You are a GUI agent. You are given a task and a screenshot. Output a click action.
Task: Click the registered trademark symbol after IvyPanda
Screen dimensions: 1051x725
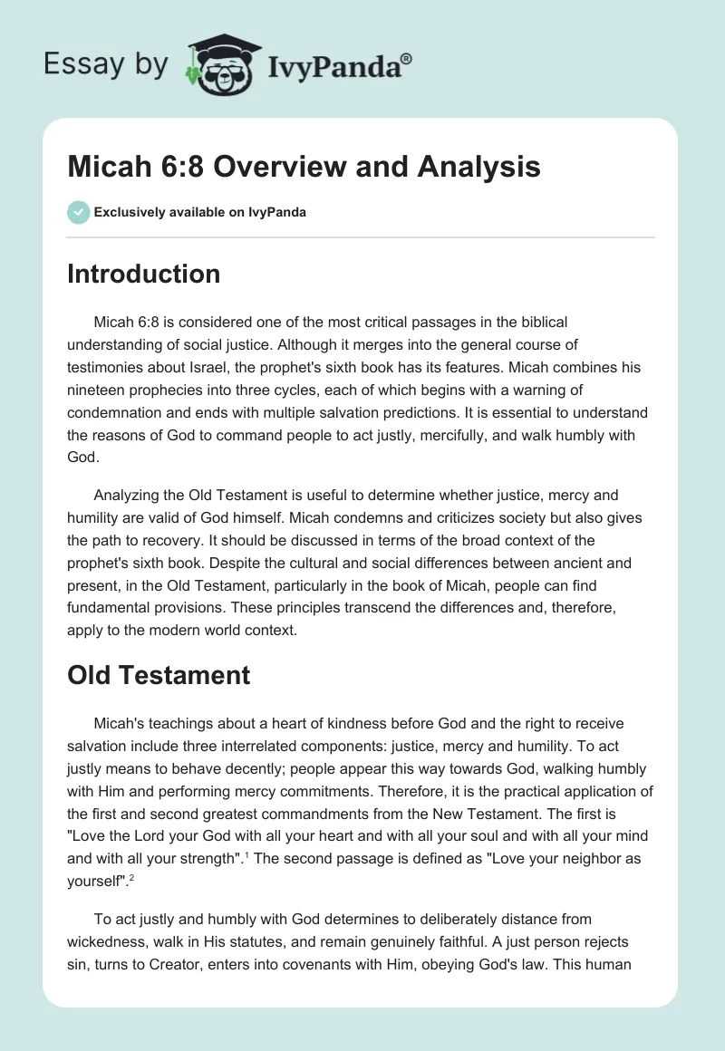pos(408,57)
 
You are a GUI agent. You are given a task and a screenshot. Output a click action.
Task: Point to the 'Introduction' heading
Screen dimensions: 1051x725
pos(143,274)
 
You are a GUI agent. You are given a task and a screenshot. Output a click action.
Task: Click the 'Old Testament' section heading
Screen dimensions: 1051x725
pos(159,675)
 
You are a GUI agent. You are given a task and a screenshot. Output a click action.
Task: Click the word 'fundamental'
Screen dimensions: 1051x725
pos(110,606)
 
